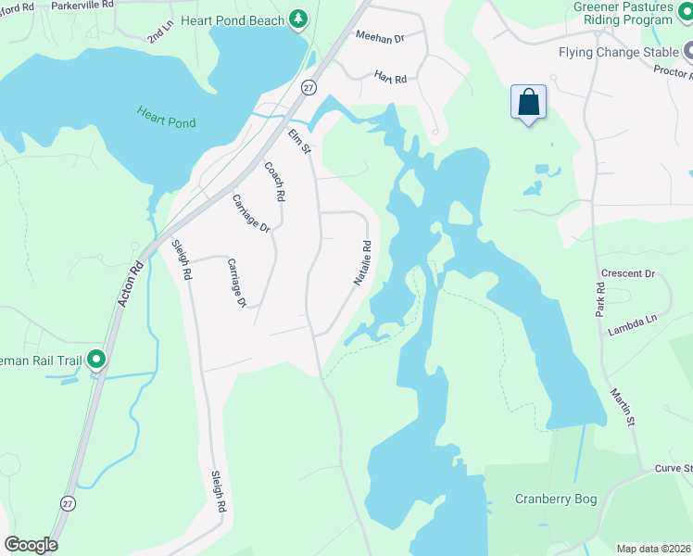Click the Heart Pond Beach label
(x=233, y=19)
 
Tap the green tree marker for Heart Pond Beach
(x=297, y=19)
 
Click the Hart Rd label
(x=390, y=78)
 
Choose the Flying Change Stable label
(x=618, y=53)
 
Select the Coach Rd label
(x=274, y=183)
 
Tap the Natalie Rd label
(x=361, y=262)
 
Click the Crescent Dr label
(x=627, y=274)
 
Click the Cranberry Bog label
(x=556, y=499)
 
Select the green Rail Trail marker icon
(x=95, y=360)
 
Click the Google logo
(x=31, y=545)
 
